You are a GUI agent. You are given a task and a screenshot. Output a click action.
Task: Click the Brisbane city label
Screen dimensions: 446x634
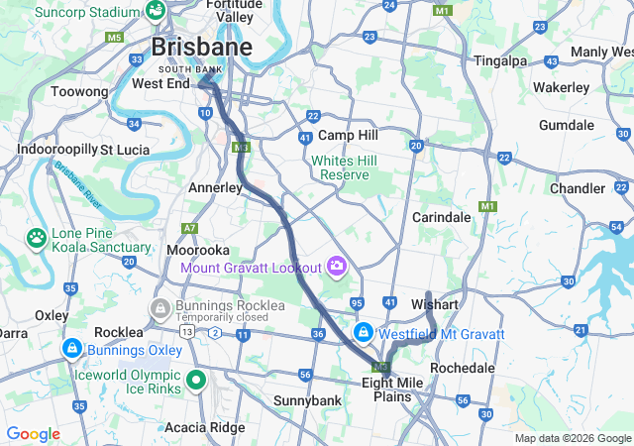point(200,47)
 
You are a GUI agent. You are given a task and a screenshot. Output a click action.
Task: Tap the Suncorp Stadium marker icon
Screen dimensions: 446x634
point(155,10)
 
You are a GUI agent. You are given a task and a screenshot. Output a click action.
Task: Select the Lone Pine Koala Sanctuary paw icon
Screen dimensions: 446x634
point(37,238)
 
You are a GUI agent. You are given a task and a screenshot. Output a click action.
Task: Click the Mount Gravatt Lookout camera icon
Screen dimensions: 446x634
point(337,267)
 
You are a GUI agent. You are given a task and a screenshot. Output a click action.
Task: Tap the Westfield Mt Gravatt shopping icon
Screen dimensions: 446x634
point(364,332)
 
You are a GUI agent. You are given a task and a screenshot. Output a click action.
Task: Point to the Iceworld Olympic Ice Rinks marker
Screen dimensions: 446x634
point(196,378)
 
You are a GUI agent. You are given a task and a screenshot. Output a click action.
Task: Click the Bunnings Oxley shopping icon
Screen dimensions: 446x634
point(71,349)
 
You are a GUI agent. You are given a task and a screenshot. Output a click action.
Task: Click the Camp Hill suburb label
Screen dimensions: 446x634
point(347,135)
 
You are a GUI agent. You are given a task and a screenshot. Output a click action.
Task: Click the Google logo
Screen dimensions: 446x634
point(33,434)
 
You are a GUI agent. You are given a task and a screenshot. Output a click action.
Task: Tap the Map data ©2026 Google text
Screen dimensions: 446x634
point(572,438)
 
